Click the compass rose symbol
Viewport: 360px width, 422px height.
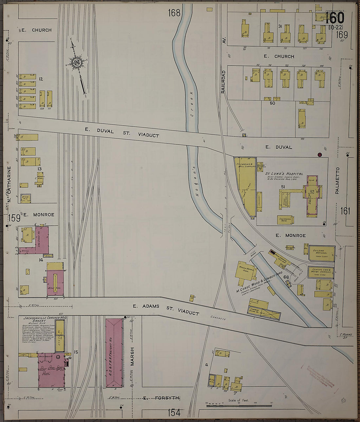point(77,62)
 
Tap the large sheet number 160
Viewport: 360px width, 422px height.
point(334,18)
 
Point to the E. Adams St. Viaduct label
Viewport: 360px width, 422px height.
point(166,310)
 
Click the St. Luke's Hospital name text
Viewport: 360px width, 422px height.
point(284,174)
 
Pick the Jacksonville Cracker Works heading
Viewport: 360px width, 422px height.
point(45,318)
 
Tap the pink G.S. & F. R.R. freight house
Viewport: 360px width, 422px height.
point(114,353)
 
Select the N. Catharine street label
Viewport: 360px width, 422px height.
point(9,189)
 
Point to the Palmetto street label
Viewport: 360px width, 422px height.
point(337,181)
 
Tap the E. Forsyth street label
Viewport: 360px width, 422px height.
point(161,398)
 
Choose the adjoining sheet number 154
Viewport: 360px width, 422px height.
point(174,413)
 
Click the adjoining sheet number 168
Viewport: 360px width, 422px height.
point(174,13)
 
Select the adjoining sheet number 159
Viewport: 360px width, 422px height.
point(14,218)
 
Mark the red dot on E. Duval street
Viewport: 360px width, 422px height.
point(320,155)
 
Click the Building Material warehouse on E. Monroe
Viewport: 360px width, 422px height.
point(321,253)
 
